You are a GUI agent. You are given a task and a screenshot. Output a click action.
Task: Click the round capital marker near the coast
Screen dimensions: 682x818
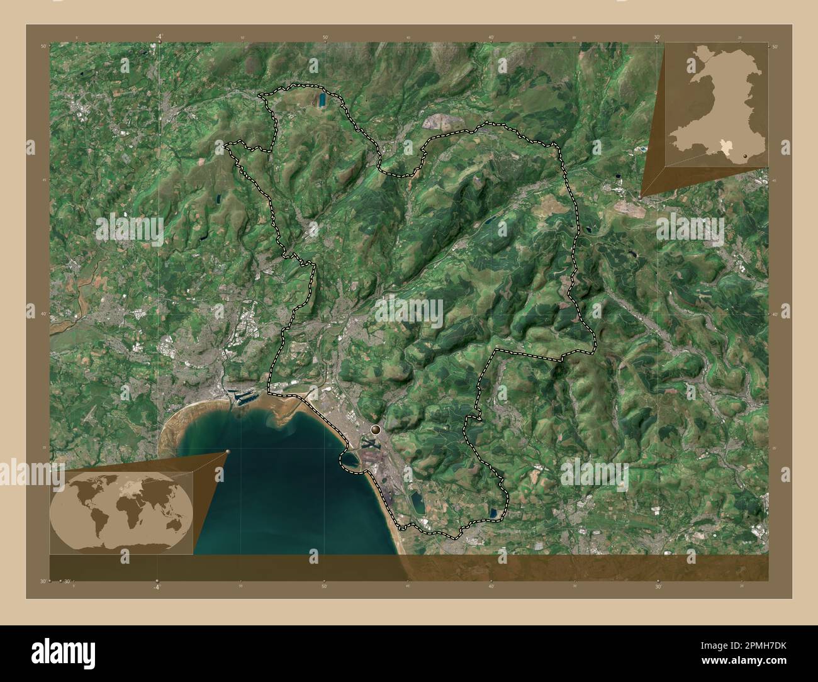point(376,430)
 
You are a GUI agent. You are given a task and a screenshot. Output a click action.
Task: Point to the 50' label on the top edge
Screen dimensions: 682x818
point(325,37)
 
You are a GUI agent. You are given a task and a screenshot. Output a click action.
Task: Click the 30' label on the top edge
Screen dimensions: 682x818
point(656,37)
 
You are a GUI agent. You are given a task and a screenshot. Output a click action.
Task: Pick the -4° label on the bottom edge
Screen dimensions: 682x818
point(157,586)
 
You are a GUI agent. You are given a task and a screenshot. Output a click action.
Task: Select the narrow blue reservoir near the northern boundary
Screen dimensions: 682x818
point(322,99)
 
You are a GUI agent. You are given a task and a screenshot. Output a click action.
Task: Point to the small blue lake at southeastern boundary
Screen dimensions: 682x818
point(494,513)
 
